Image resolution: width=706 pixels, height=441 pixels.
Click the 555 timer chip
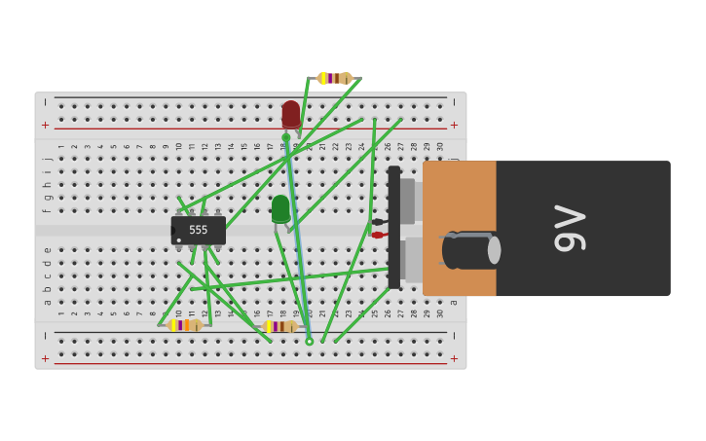point(199,231)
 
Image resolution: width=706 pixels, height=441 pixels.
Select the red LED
point(291,114)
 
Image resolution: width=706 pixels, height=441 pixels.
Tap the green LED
point(280,208)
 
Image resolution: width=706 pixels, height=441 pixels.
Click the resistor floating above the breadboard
point(334,78)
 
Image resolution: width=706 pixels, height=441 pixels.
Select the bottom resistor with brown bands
point(279,326)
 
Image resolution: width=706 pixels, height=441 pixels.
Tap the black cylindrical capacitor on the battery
point(470,250)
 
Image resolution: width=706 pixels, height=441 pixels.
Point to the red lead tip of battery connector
point(377,235)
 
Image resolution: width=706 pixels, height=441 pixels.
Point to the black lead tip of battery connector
point(377,222)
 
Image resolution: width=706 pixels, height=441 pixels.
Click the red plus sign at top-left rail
point(45,125)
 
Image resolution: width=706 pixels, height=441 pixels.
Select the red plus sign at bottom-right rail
point(454,358)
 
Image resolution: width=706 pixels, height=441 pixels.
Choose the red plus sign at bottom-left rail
point(45,358)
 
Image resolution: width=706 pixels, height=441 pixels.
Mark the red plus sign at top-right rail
point(454,125)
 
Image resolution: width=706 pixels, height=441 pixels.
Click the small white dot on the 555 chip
point(179,239)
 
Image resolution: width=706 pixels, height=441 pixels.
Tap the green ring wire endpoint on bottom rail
point(310,342)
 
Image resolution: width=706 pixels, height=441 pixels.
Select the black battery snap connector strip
point(393,228)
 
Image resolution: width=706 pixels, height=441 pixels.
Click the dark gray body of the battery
point(604,195)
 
